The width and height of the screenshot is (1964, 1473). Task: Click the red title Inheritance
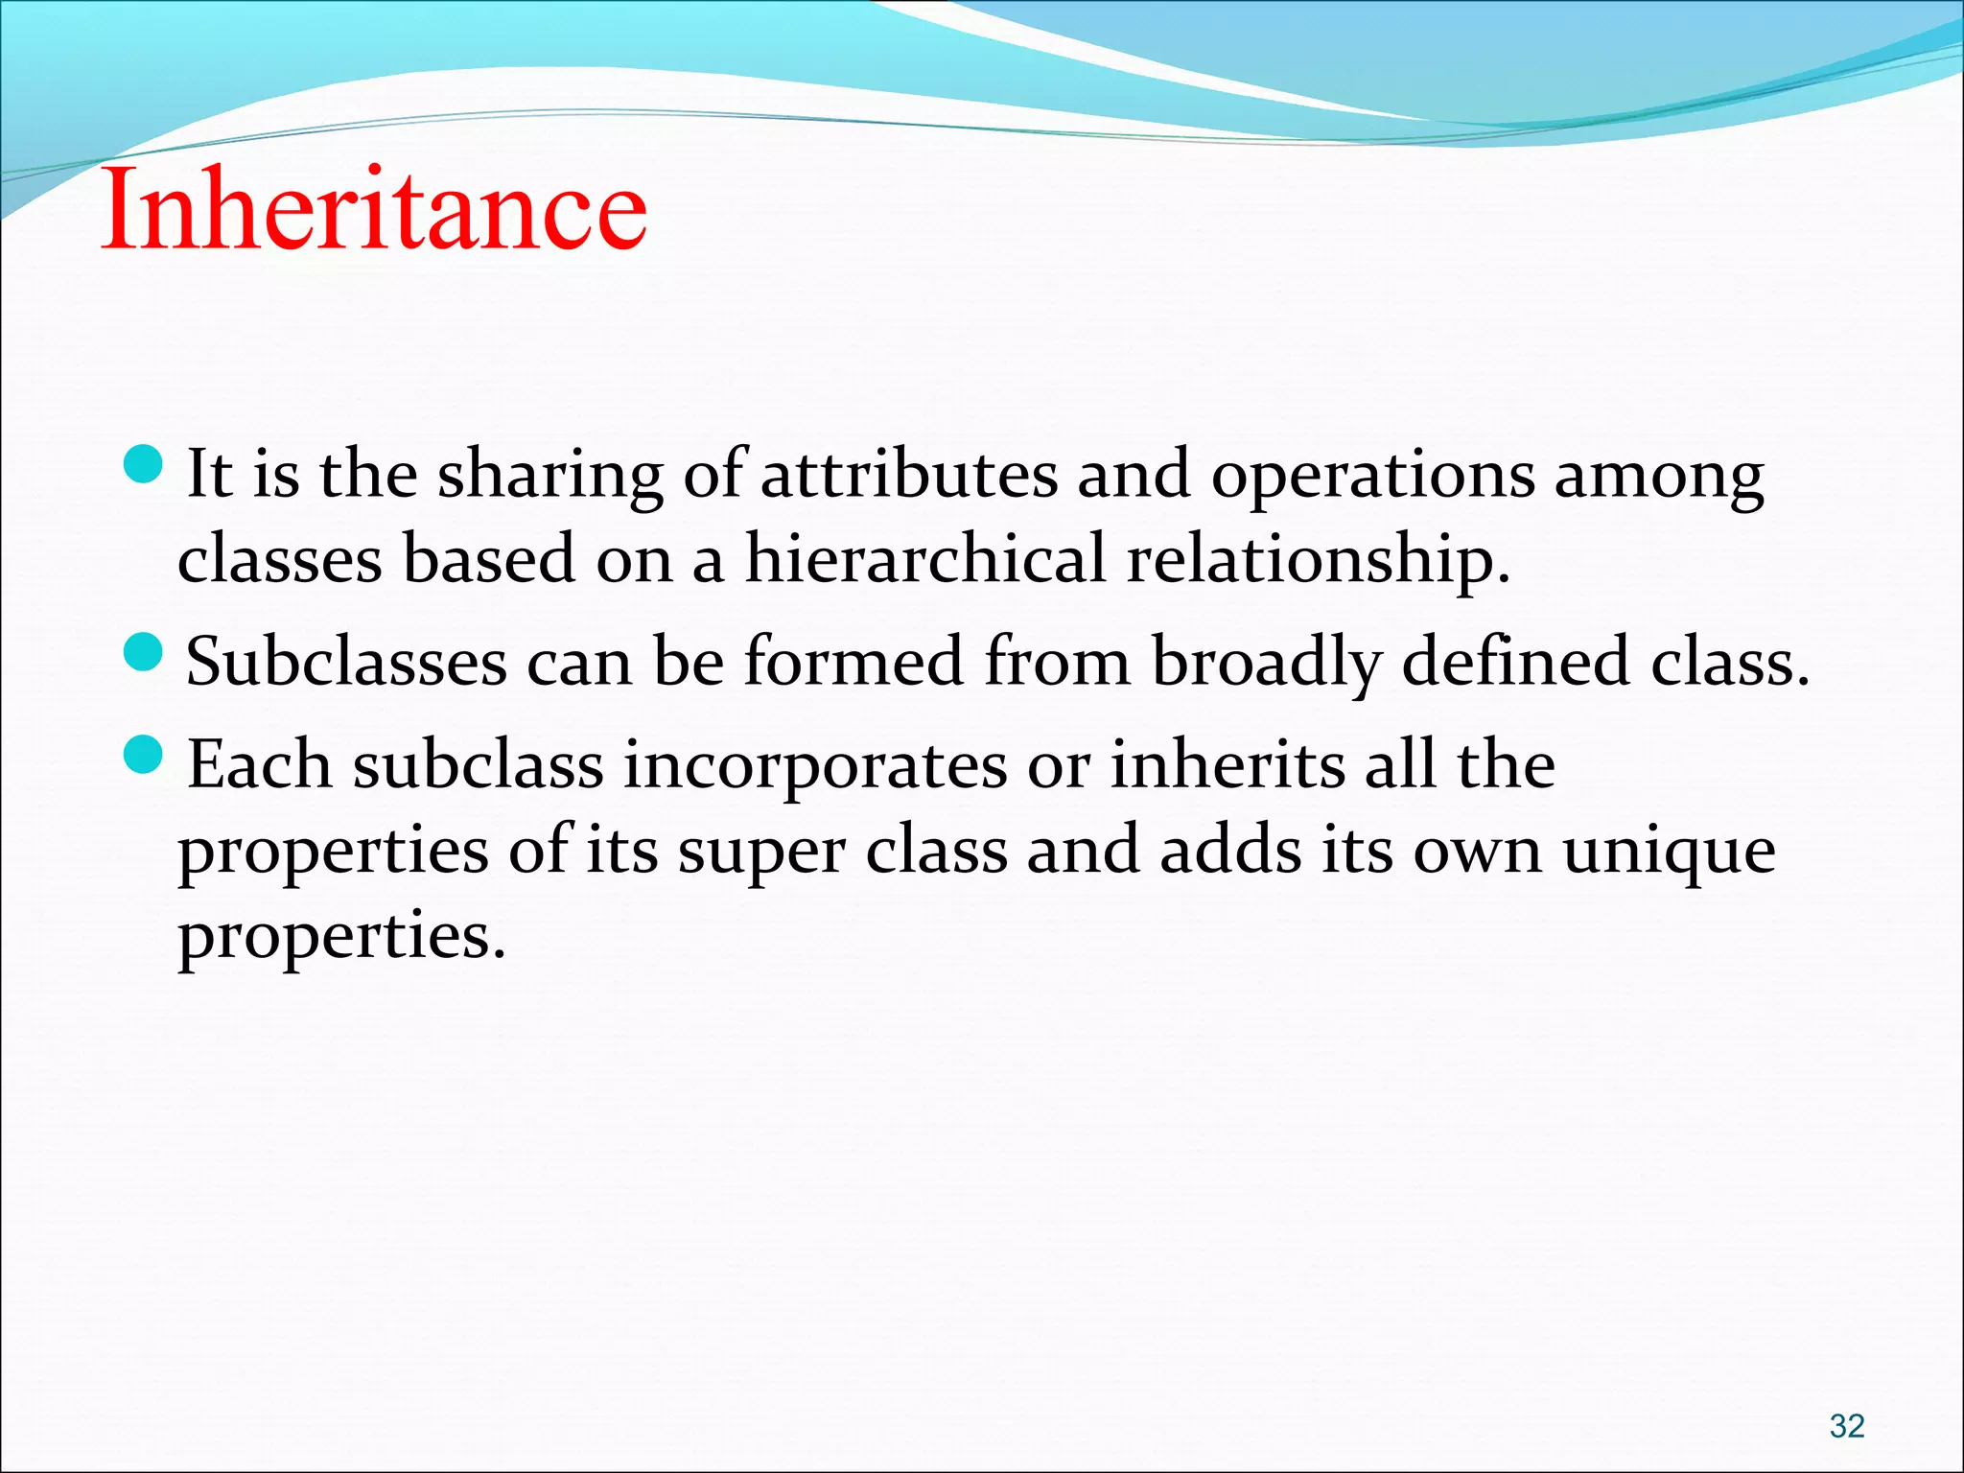(374, 209)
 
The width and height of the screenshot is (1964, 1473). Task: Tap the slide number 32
(1846, 1425)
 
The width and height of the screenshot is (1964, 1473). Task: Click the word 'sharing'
(549, 476)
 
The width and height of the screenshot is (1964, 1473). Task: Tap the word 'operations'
(1372, 476)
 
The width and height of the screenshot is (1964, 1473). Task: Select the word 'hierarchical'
(925, 558)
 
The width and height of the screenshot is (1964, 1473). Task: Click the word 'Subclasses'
(346, 662)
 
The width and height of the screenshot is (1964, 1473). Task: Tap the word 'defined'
(1515, 662)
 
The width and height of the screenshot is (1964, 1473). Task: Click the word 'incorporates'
(815, 767)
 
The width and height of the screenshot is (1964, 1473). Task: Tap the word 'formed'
(853, 662)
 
